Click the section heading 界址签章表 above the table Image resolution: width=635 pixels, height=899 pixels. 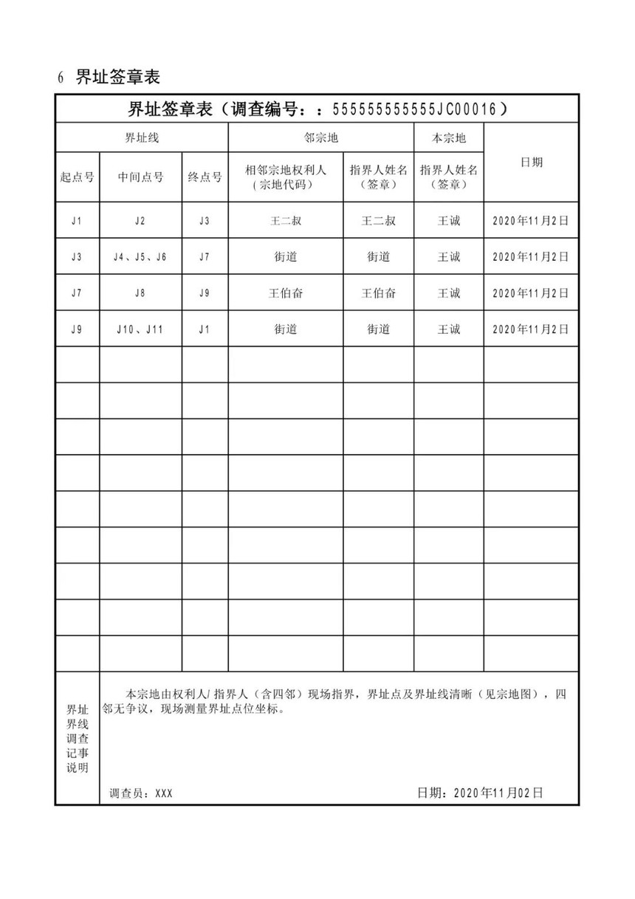[x=117, y=77]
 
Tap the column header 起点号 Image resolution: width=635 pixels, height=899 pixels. [x=77, y=177]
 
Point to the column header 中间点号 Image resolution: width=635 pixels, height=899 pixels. [x=140, y=177]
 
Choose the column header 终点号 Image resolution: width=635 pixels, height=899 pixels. [x=205, y=177]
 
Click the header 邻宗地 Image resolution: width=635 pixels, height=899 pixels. [x=320, y=137]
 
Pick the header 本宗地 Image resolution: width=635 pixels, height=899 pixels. [x=448, y=137]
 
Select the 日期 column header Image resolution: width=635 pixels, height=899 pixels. [x=531, y=163]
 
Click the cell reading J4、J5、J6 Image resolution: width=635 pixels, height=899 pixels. [x=140, y=257]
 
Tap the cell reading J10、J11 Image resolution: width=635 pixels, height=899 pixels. [x=140, y=329]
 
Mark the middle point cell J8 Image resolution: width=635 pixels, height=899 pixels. [x=140, y=293]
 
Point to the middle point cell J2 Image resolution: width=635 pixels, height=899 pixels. [x=140, y=221]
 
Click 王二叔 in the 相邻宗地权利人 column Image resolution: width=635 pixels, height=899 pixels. [x=285, y=221]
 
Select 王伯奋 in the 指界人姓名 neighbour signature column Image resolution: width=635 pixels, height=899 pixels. [x=378, y=293]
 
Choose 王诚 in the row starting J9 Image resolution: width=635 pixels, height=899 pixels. [x=448, y=329]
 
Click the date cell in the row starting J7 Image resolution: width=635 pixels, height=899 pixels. [x=531, y=293]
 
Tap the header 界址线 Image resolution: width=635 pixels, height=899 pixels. [x=141, y=137]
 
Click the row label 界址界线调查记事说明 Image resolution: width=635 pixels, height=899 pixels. [x=77, y=738]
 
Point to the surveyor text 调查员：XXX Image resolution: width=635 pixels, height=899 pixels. [x=140, y=793]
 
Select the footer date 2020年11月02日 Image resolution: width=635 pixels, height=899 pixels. [x=480, y=793]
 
